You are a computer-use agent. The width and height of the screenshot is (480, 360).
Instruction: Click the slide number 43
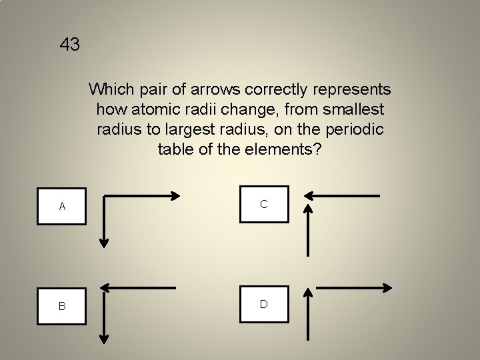[x=70, y=45]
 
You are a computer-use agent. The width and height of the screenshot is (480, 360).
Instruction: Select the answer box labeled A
[x=62, y=206]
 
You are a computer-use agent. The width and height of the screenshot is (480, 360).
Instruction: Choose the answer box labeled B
[x=62, y=305]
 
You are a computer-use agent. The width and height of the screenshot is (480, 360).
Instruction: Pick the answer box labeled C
[x=264, y=203]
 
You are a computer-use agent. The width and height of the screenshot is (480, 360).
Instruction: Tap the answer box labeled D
[x=264, y=303]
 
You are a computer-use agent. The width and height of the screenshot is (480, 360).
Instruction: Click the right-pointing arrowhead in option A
[x=175, y=196]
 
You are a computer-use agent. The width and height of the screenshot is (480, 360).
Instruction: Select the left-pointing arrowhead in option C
[x=309, y=196]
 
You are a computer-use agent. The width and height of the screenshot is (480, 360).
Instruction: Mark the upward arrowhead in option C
[x=307, y=209]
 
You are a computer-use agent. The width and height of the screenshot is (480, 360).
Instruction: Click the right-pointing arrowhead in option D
[x=387, y=288]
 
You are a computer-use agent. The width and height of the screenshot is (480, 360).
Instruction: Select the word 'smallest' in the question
[x=354, y=109]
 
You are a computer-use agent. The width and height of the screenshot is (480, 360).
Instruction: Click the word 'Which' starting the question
[x=109, y=89]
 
